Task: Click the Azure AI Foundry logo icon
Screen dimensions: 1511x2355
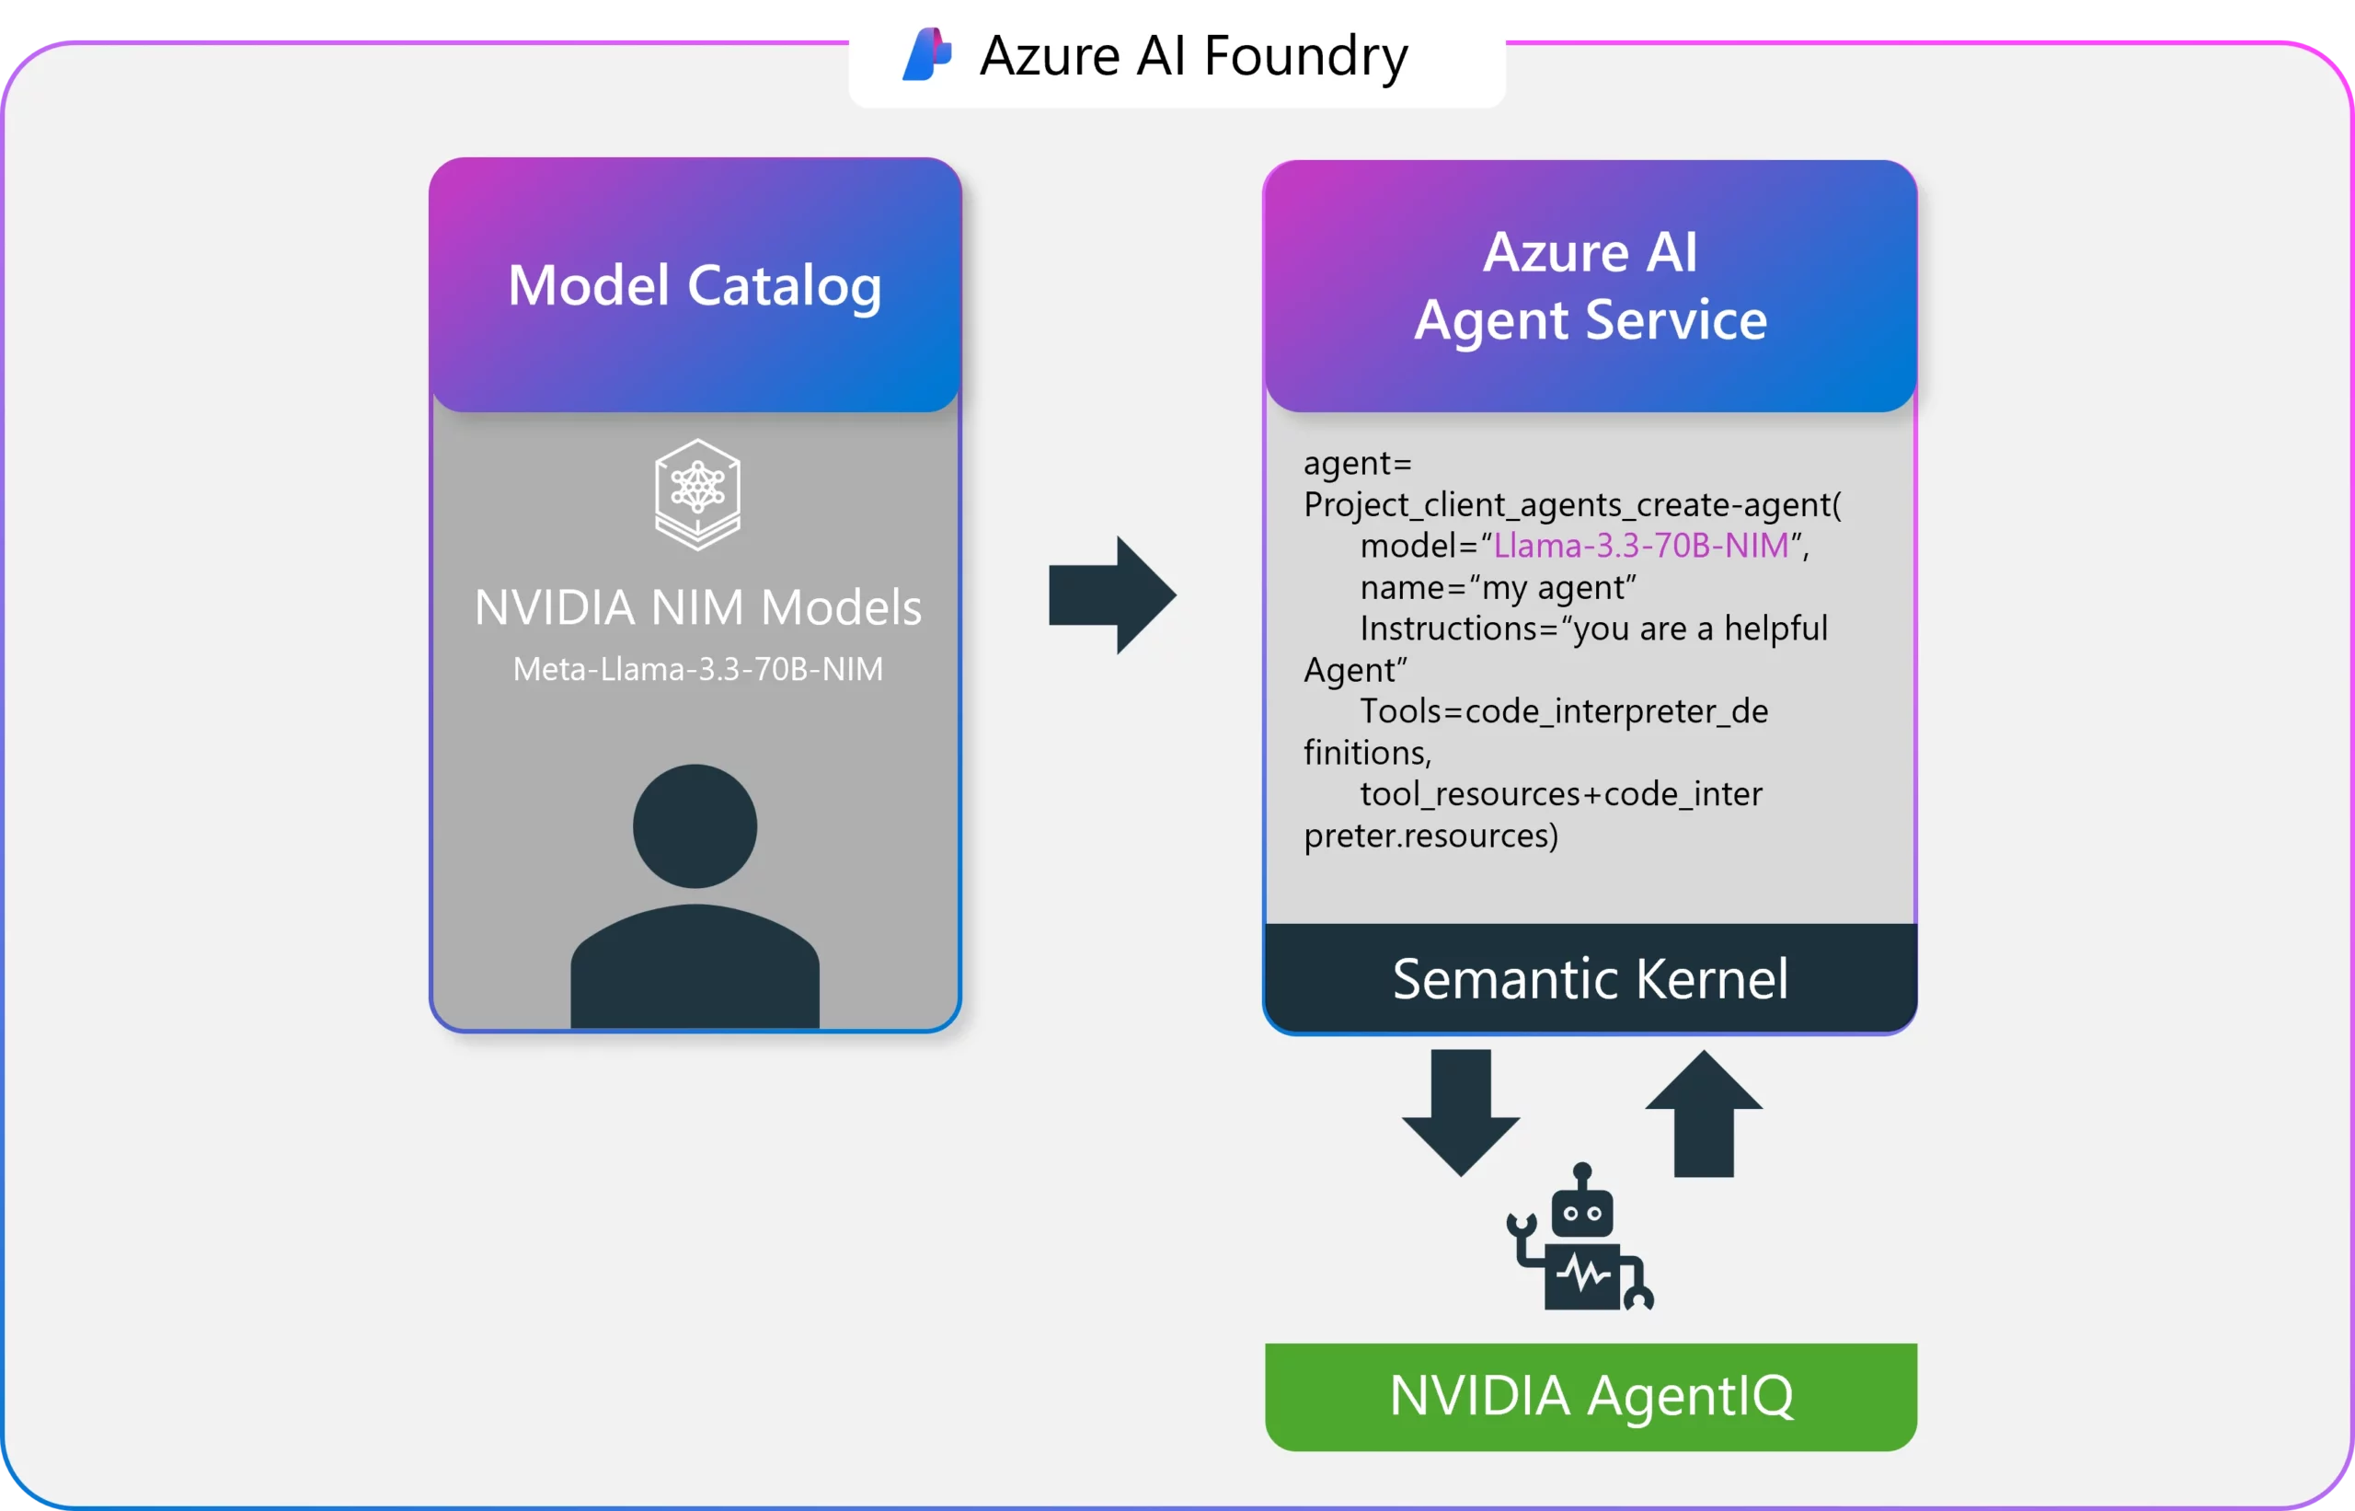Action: (x=927, y=54)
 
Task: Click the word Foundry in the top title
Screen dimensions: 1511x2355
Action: (x=1305, y=56)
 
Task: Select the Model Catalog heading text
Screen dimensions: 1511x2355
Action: (x=695, y=285)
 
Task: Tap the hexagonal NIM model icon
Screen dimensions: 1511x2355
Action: (x=697, y=493)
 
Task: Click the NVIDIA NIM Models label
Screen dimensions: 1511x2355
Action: (x=697, y=607)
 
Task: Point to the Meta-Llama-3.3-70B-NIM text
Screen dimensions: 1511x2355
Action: (x=697, y=669)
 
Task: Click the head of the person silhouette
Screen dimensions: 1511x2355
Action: (x=695, y=826)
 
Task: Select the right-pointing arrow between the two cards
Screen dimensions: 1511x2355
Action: (x=1111, y=594)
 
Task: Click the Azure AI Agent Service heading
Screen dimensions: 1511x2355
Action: (x=1589, y=285)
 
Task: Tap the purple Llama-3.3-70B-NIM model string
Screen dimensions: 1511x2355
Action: (x=1641, y=546)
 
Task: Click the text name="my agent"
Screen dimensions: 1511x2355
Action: (x=1498, y=588)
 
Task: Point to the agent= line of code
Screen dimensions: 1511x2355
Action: (x=1357, y=463)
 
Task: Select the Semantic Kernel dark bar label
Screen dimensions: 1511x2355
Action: (x=1589, y=978)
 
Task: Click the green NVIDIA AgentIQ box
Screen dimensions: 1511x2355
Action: (x=1590, y=1396)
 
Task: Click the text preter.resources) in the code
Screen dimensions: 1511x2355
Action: (x=1430, y=836)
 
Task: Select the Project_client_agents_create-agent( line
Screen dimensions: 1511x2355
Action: (x=1572, y=504)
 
